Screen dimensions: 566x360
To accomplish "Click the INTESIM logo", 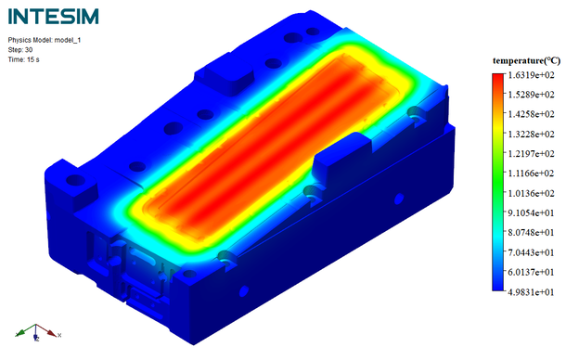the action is coord(54,17).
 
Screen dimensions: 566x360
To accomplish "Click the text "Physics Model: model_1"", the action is coord(45,40).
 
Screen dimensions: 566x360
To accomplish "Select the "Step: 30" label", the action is coord(20,50).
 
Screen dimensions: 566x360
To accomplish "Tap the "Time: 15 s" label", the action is coord(23,59).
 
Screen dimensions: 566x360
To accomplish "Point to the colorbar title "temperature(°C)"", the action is coord(527,60).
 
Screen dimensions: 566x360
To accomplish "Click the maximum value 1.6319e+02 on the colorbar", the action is coord(531,75).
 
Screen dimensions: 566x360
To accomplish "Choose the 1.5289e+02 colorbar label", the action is coord(531,95).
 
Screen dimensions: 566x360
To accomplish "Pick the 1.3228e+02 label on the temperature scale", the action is coord(531,135).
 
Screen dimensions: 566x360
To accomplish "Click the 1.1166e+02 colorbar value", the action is coord(531,174).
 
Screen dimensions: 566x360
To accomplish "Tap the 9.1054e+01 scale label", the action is coord(531,213).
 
